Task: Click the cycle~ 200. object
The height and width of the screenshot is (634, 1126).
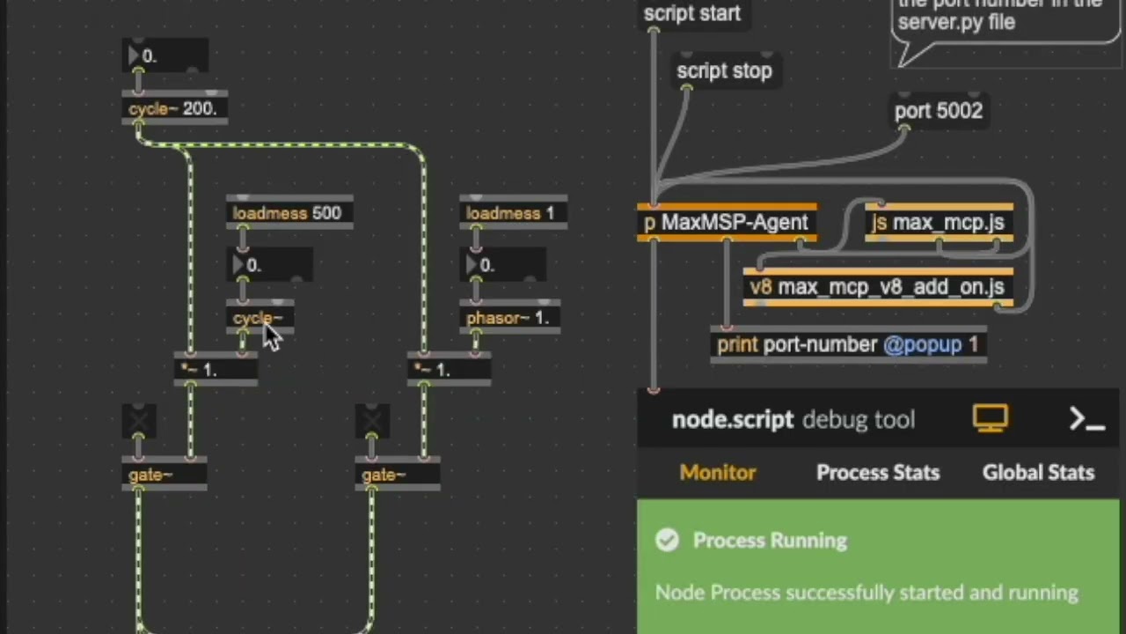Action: (173, 109)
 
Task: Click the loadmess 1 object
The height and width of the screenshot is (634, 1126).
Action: (511, 213)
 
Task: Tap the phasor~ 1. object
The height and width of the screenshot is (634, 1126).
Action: (508, 318)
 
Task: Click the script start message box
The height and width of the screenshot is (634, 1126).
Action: (692, 14)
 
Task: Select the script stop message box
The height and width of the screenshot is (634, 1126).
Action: (724, 71)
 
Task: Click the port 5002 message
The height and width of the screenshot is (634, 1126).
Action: (938, 111)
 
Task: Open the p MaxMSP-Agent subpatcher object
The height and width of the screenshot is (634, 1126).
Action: (726, 223)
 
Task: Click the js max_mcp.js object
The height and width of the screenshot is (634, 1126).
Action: (939, 223)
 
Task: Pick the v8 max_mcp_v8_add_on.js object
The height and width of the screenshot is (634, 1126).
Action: (877, 287)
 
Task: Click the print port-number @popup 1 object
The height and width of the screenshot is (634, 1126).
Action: (847, 344)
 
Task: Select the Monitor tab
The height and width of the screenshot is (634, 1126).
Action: (718, 473)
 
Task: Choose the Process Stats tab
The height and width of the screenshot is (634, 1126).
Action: (878, 473)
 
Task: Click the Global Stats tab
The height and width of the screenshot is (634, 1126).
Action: (1038, 473)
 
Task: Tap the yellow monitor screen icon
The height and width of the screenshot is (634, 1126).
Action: (991, 418)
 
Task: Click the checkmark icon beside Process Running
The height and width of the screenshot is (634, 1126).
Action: (668, 540)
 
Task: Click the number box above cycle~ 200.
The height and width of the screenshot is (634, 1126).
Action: (165, 56)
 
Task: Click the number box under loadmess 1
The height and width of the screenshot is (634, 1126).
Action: (502, 265)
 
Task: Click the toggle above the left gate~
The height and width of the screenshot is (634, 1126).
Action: (139, 421)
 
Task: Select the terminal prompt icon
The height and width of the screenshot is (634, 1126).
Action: (1087, 419)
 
